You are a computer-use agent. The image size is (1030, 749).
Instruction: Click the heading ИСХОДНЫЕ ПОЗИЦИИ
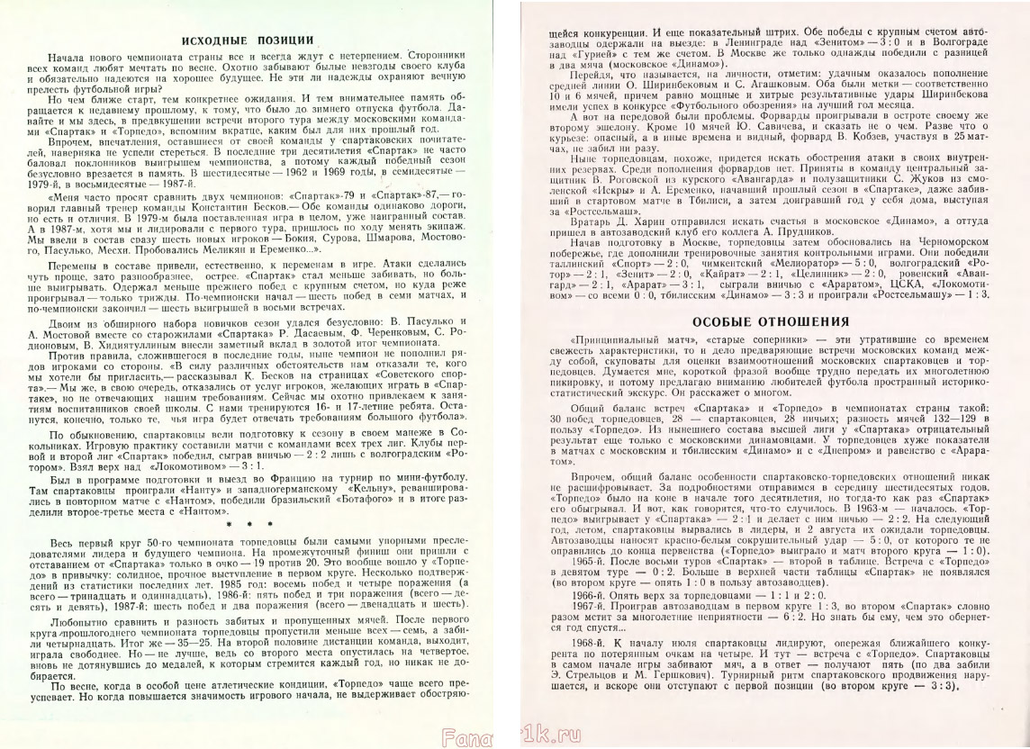pyautogui.click(x=248, y=41)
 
